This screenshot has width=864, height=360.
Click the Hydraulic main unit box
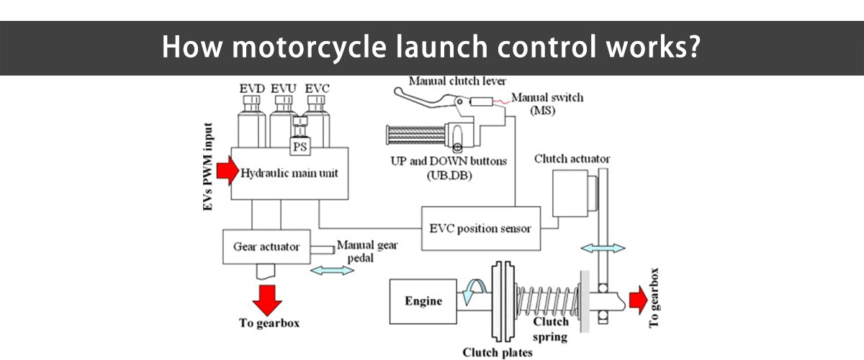[x=289, y=174]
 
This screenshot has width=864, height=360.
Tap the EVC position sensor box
[x=480, y=228]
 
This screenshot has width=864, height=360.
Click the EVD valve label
[x=251, y=88]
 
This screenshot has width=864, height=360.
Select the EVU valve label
[x=284, y=88]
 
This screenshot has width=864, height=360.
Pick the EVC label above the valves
[x=317, y=88]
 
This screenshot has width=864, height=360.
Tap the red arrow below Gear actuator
[x=266, y=297]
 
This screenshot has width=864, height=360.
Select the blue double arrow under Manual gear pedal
[x=332, y=271]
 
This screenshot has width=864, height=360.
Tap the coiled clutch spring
[x=547, y=302]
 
